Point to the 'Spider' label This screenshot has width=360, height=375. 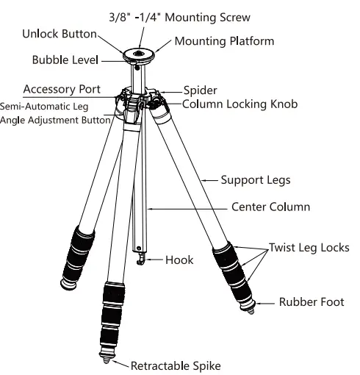pos(199,90)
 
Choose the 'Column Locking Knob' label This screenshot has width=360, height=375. pos(240,104)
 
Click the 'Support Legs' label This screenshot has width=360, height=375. pos(256,179)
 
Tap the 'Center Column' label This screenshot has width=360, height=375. pos(270,207)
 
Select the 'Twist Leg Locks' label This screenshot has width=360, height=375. pos(309,247)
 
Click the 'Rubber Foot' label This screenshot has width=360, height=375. pos(311,301)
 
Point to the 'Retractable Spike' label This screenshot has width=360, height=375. pos(176,365)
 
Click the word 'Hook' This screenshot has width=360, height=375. pos(179,260)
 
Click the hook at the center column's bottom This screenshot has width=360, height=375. pos(140,260)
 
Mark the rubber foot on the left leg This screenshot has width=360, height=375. pos(69,282)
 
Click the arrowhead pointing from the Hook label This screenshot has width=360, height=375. pos(148,260)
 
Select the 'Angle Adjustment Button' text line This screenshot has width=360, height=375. pos(56,118)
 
